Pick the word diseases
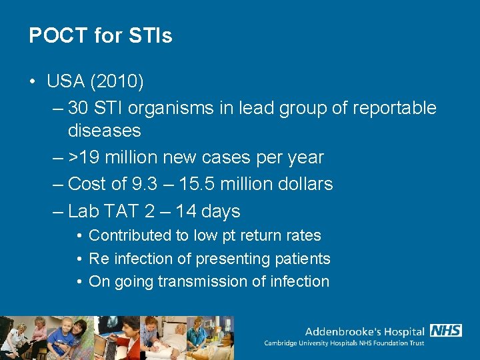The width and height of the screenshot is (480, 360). click(104, 130)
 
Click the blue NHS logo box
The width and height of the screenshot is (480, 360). click(446, 331)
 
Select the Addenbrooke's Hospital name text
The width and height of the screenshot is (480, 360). click(364, 331)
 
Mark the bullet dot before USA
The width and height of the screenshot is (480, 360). click(33, 83)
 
